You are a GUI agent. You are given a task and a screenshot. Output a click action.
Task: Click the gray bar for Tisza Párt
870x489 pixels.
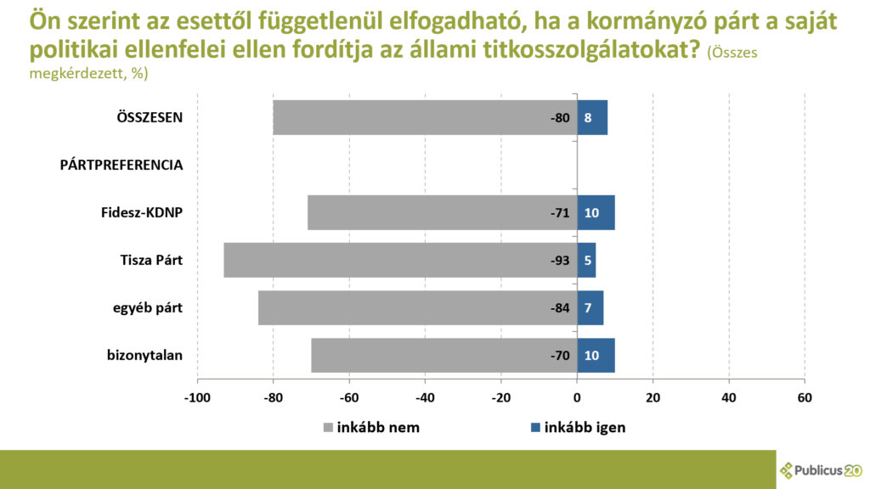(399, 260)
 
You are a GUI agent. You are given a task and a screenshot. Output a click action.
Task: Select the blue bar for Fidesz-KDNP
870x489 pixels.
(596, 212)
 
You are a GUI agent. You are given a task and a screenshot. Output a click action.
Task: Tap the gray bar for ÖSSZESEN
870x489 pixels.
(425, 117)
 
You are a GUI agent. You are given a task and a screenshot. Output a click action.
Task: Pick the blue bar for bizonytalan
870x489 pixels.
(596, 355)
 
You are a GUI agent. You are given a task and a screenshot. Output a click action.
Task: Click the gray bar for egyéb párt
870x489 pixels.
(416, 307)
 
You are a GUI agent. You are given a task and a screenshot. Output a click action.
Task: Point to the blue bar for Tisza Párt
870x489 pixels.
(586, 260)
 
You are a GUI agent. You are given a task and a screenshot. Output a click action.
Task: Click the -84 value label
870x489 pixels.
(559, 307)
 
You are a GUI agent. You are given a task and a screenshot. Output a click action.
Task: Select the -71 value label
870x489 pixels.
(559, 212)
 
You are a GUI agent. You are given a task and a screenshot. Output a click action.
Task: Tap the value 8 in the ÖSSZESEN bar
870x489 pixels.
(587, 117)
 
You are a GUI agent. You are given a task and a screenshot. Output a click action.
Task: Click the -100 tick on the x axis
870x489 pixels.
(197, 397)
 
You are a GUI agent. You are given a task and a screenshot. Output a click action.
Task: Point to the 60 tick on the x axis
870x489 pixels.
(804, 397)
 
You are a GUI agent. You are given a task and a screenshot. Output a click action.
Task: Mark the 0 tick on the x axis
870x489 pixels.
(577, 397)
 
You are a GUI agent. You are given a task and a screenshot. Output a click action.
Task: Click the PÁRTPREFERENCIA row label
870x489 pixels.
(121, 165)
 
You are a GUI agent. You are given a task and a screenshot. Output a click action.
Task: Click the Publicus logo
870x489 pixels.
(821, 470)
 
